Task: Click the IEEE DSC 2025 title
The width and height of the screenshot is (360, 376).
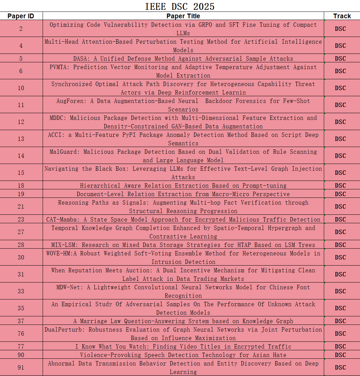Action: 180,6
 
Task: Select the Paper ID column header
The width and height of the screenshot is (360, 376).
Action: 21,16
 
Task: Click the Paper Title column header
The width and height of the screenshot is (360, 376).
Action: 183,16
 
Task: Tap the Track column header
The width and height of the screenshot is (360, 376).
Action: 342,16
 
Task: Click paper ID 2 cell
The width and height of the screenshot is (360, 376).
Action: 21,29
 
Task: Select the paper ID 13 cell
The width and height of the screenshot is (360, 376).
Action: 21,139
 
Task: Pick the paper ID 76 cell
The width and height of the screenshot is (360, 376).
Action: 21,334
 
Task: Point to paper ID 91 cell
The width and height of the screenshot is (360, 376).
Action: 21,368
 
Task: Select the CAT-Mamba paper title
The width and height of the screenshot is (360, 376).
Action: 183,220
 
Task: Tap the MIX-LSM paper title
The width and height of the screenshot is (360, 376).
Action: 183,245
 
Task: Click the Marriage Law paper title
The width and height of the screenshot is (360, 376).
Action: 183,321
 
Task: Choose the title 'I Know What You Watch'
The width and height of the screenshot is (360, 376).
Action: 183,347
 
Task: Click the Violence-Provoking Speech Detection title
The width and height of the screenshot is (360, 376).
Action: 183,355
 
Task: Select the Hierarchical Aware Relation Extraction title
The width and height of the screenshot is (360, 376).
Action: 183,186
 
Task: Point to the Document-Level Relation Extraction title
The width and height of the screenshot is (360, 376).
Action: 183,194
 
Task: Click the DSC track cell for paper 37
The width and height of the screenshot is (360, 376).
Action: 340,321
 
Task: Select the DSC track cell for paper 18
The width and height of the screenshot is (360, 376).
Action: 340,186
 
